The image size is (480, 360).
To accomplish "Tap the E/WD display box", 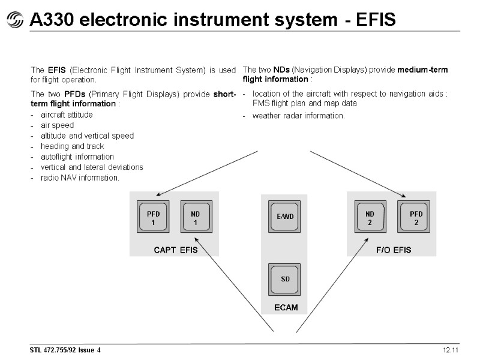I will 284,217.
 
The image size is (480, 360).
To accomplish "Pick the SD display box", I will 284,280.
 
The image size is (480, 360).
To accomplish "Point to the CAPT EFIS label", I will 175,250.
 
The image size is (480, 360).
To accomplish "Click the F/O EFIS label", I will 394,250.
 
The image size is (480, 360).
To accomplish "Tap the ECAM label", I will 286,308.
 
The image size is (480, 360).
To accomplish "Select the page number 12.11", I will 451,350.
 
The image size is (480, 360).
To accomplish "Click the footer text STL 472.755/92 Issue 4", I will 66,350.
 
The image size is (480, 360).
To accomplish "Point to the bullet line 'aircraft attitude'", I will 66,115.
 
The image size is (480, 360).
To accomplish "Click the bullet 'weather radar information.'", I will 298,116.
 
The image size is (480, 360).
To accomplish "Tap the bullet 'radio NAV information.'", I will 80,178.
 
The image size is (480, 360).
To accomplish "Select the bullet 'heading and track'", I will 72,146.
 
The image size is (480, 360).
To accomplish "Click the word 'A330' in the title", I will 50,20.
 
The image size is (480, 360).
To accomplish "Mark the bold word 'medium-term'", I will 422,70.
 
